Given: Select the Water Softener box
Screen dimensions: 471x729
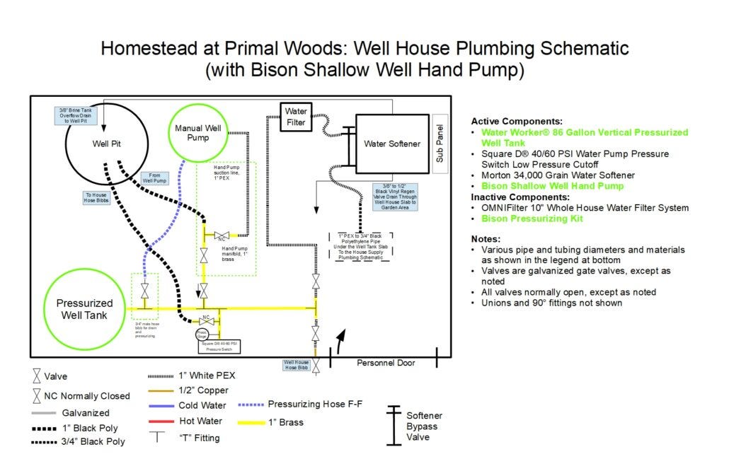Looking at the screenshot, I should tap(391, 144).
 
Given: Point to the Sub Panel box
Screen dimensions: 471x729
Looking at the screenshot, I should tap(439, 144).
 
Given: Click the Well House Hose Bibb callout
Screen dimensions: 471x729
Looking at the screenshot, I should tap(297, 365).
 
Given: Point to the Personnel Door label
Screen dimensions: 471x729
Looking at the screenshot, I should tap(386, 363).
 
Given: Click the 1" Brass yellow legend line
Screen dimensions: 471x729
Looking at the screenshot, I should tap(252, 422).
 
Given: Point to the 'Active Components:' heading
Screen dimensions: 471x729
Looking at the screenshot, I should tap(517, 121).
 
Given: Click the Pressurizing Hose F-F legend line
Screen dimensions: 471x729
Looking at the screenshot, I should tap(252, 405).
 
